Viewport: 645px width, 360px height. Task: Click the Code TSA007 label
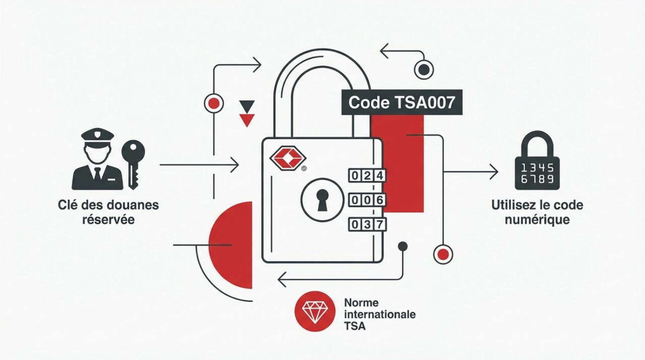[x=402, y=103]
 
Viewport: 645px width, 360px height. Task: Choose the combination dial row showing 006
[x=367, y=200]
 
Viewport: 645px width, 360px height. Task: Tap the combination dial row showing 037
[x=367, y=224]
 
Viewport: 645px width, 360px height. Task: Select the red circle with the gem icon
[x=315, y=311]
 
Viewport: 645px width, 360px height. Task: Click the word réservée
[x=108, y=220]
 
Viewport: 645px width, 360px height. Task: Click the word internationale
[x=379, y=315]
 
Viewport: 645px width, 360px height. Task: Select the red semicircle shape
[x=232, y=245]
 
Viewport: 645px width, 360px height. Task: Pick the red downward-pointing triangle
[x=247, y=120]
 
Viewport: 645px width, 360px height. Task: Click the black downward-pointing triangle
[x=247, y=105]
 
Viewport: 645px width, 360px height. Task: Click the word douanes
[x=133, y=206]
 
